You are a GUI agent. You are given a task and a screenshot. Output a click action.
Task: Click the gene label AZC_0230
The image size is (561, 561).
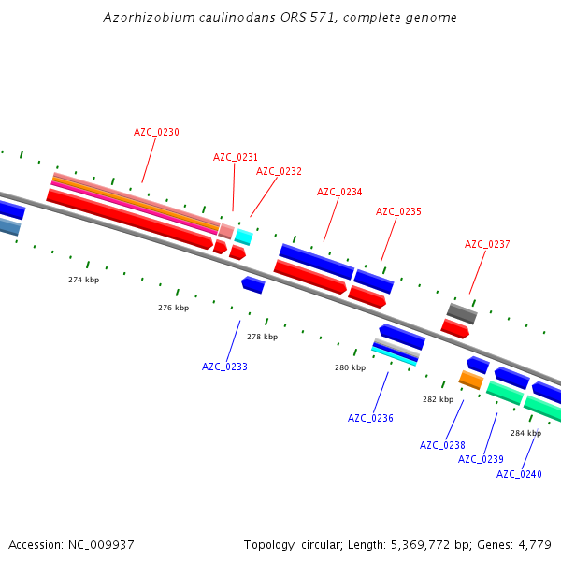pyautogui.click(x=156, y=132)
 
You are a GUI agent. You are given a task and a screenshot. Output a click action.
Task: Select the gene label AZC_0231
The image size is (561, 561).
pyautogui.click(x=236, y=157)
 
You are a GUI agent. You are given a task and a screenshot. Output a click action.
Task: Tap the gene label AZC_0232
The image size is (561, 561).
pyautogui.click(x=279, y=171)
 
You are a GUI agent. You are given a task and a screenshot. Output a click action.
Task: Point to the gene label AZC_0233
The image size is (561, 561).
pyautogui.click(x=224, y=367)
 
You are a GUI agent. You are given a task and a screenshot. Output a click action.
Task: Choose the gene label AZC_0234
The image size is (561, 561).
pyautogui.click(x=339, y=192)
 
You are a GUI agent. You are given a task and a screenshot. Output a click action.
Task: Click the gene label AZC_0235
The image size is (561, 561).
pyautogui.click(x=398, y=211)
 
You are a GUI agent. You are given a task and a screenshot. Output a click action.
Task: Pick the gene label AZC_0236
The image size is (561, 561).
pyautogui.click(x=370, y=418)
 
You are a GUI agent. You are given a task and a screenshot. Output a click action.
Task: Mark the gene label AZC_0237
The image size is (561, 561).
pyautogui.click(x=487, y=244)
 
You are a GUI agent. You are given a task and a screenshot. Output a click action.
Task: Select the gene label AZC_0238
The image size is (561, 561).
pyautogui.click(x=442, y=445)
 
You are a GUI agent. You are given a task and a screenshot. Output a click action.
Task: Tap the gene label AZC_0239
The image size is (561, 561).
pyautogui.click(x=481, y=459)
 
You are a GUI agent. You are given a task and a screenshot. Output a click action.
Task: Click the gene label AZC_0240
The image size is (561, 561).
pyautogui.click(x=519, y=474)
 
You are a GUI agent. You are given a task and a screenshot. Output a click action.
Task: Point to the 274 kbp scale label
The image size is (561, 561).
pyautogui.click(x=83, y=280)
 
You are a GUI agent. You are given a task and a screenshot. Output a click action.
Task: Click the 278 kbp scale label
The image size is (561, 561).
pyautogui.click(x=262, y=337)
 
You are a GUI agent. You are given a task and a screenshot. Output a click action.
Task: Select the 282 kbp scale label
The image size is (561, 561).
pyautogui.click(x=438, y=399)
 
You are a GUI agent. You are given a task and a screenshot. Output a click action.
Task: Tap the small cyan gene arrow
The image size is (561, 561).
pyautogui.click(x=243, y=237)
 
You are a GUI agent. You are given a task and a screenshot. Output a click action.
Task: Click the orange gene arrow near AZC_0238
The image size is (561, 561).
pyautogui.click(x=470, y=380)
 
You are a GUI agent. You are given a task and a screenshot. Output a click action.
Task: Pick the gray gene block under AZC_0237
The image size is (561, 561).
pyautogui.click(x=462, y=313)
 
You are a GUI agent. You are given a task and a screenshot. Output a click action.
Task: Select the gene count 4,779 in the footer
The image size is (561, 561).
pyautogui.click(x=533, y=544)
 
